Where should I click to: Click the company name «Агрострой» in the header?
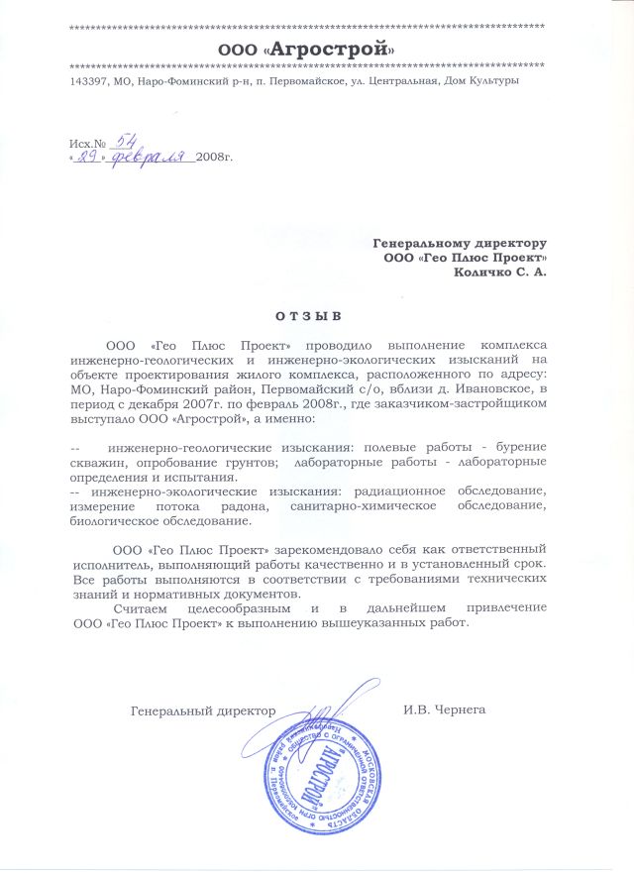(337, 49)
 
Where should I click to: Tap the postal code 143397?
(90, 80)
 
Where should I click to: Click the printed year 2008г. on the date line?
(215, 159)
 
